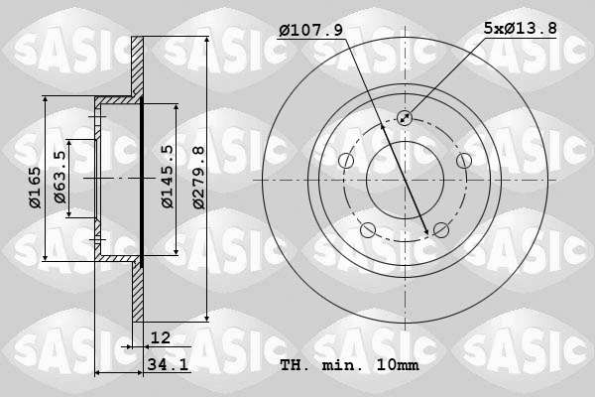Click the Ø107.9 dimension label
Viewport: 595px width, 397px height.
(310, 31)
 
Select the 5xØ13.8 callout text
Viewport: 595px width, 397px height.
(521, 31)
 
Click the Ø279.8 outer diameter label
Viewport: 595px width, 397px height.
(198, 177)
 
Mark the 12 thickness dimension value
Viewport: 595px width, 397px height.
(161, 338)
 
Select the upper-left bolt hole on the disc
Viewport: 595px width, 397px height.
(345, 162)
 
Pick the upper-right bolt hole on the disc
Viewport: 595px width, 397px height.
(463, 162)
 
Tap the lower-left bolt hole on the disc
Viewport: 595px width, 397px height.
(368, 231)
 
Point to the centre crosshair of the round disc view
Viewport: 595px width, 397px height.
(405, 181)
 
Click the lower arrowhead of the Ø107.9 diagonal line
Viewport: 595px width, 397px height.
(427, 232)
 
